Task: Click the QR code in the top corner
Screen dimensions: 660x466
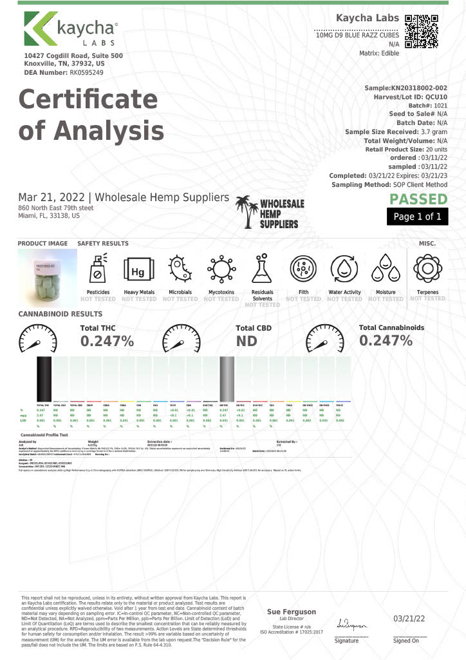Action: coord(422,31)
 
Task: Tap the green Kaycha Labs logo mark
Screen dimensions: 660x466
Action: coord(39,32)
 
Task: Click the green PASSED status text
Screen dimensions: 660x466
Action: coord(418,199)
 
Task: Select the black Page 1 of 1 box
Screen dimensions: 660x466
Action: coord(417,217)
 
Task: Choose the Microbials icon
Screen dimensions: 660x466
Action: coord(180,270)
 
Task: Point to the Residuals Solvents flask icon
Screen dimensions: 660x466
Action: coord(262,270)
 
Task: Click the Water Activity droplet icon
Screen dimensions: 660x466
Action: coord(344,270)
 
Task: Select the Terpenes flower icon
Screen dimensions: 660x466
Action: coord(427,270)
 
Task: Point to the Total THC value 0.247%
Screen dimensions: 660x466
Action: coord(107,341)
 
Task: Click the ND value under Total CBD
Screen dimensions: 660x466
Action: coord(247,341)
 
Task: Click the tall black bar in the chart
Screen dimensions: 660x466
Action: coord(44,378)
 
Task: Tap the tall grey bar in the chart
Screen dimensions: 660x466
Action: coord(227,378)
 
